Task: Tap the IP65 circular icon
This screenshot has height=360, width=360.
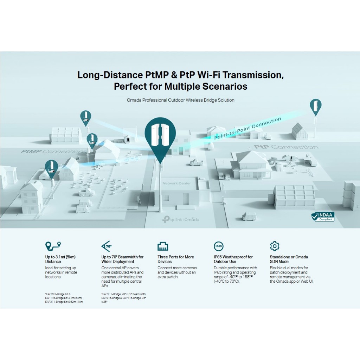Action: tap(218, 246)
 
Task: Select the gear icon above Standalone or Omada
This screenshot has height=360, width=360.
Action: tap(274, 246)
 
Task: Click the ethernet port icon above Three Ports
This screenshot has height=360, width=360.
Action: tap(163, 246)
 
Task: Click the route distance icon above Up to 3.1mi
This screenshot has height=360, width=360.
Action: tap(53, 245)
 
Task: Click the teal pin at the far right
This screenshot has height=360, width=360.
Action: tap(315, 107)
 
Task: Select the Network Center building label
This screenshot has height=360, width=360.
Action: tap(176, 184)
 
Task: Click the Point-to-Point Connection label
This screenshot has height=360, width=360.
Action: tap(247, 128)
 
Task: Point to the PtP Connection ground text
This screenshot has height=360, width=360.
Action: tap(285, 147)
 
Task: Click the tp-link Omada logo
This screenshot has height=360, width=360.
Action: tap(180, 219)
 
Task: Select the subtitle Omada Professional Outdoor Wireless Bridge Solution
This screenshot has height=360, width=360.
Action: tap(180, 100)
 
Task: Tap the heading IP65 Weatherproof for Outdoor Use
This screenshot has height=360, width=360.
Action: tap(233, 259)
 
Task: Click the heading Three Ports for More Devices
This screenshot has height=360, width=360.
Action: tap(175, 259)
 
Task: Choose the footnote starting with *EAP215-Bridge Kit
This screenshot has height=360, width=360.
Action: tap(64, 298)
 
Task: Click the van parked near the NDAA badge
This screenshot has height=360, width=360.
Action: tap(249, 216)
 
